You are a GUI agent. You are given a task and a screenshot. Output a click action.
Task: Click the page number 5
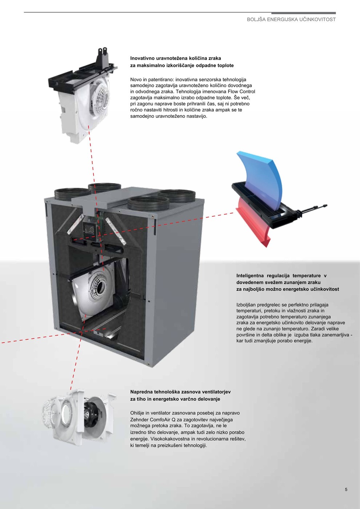tap(346, 489)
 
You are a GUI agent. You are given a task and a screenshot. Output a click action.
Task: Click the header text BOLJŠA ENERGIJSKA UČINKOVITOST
tap(291, 20)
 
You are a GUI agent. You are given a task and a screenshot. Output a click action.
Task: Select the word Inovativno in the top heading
tap(142, 58)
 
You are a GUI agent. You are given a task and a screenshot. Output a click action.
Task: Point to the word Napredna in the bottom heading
tap(141, 392)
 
